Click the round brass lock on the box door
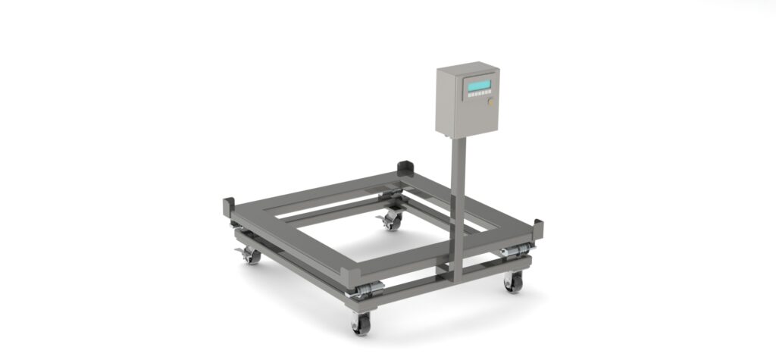490,101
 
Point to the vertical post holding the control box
458,205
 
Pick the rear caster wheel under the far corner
392,221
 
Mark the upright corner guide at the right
539,227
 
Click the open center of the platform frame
356,227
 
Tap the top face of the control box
464,67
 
